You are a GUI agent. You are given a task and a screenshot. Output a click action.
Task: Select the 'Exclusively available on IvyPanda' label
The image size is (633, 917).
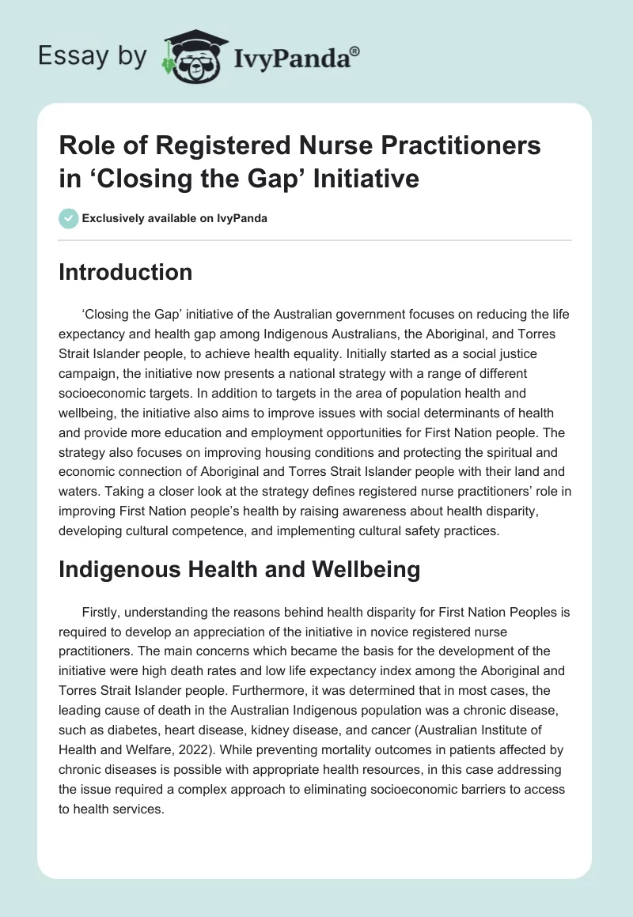pyautogui.click(x=174, y=218)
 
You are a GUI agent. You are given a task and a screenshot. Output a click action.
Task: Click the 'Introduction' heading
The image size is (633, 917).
pyautogui.click(x=126, y=272)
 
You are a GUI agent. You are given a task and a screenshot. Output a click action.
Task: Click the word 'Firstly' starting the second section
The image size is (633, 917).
pyautogui.click(x=101, y=612)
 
